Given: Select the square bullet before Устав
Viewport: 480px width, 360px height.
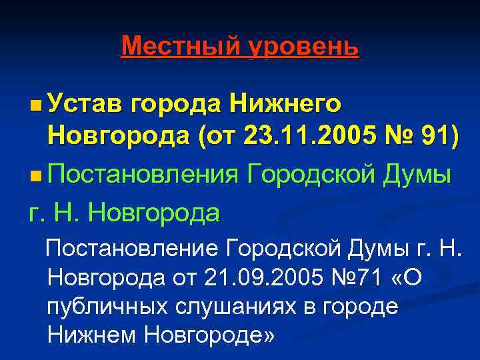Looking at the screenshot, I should [x=35, y=105].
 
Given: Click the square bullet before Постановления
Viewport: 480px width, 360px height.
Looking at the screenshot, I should [x=35, y=176].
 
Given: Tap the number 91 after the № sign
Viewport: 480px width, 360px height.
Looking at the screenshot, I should [x=441, y=139].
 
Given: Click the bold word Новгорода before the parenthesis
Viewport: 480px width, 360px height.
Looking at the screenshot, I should [x=117, y=139].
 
